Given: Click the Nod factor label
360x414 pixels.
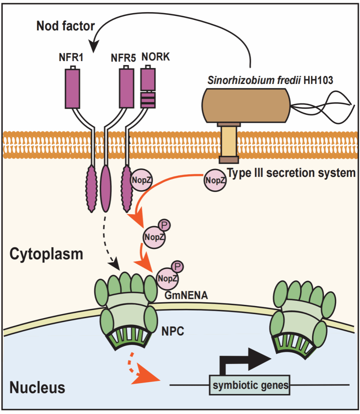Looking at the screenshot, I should click(66, 26).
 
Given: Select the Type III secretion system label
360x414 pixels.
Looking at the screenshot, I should click(292, 173).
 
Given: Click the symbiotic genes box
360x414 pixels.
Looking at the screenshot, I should click(250, 385).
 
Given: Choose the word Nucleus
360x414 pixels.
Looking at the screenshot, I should click(37, 387).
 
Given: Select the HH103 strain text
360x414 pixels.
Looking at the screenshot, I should click(318, 80).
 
